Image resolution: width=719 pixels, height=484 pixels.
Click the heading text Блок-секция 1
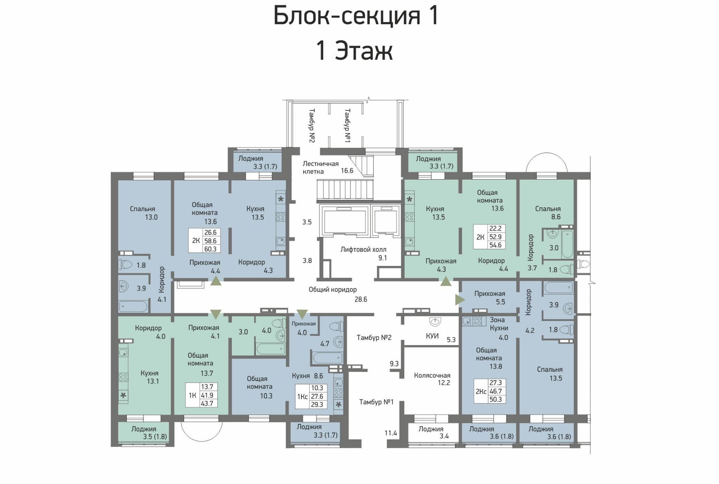pos(356,15)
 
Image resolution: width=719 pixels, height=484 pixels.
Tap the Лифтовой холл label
pos(363,250)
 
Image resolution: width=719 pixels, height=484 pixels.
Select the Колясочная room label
pos(432,375)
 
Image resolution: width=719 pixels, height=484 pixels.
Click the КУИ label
pos(432,336)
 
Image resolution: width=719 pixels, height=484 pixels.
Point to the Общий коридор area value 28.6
pos(361,299)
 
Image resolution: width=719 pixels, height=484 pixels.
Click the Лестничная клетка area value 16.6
pos(347,170)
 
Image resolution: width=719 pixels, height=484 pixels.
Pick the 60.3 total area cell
pos(210,249)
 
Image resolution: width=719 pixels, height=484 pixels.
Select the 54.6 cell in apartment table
pos(495,245)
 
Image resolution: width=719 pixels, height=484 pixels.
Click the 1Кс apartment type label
pos(302,397)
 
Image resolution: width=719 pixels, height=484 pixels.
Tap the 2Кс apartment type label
pos(481,391)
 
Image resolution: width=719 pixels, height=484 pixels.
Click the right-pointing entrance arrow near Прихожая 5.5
pos(460,300)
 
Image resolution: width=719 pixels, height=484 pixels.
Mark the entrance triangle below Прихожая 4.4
pos(216,281)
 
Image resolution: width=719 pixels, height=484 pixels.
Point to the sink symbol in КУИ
pos(435,321)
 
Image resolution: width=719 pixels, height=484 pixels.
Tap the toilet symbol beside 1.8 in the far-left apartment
pos(125,264)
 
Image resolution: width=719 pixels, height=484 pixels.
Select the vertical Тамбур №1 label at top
pos(347,126)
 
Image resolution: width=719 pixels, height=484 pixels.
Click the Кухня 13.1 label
pos(150,377)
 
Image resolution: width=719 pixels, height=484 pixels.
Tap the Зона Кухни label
pos(499,324)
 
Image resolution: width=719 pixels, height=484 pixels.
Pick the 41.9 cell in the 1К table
pos(207,395)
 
